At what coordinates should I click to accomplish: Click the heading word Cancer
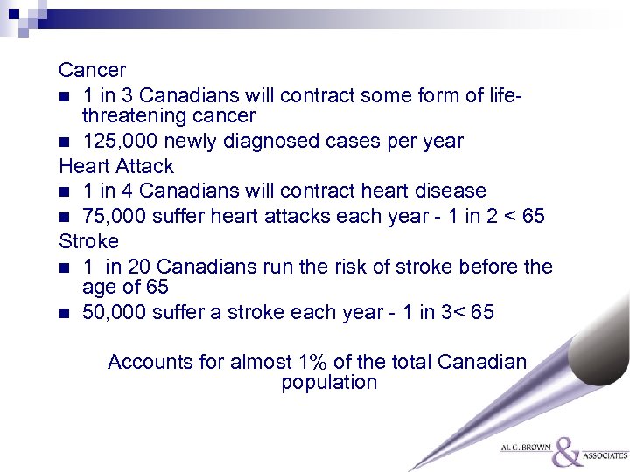[93, 69]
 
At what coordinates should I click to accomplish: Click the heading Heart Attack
[116, 166]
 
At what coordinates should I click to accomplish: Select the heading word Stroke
[88, 239]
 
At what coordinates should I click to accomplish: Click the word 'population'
[329, 383]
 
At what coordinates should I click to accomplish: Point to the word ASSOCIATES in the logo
[605, 455]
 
